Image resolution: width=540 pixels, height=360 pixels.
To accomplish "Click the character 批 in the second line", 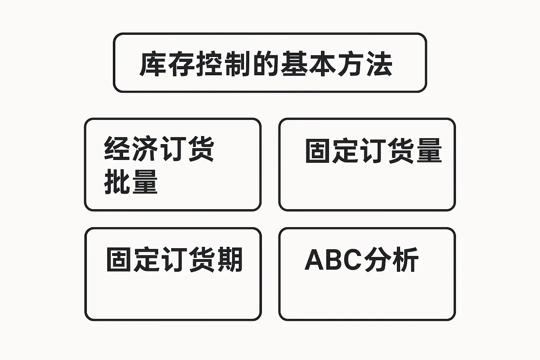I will coord(117,182).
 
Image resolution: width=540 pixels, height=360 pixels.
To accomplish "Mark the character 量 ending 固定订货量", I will coord(429,151).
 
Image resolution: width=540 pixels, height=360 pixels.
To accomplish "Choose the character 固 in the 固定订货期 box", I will coord(120,260).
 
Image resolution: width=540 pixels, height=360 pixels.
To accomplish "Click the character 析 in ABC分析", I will coord(405,260).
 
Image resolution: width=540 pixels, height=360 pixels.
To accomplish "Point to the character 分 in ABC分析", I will coord(377,260).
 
